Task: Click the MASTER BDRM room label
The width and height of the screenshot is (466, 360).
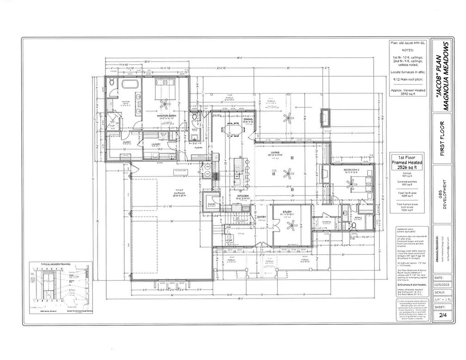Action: click(x=164, y=116)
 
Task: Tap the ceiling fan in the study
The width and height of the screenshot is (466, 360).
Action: click(x=291, y=226)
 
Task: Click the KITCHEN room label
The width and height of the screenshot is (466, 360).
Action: click(x=244, y=196)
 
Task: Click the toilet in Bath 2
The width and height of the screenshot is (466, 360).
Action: click(x=353, y=226)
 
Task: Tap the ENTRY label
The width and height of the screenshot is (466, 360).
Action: click(x=262, y=217)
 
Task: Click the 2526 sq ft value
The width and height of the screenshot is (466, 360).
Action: click(x=409, y=168)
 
